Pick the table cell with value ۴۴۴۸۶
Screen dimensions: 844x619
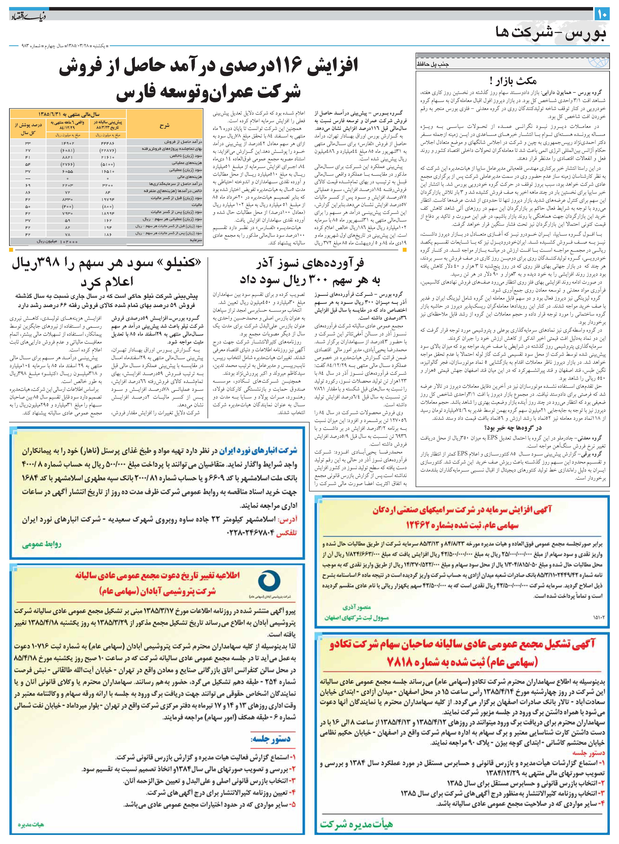coord(107,143)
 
